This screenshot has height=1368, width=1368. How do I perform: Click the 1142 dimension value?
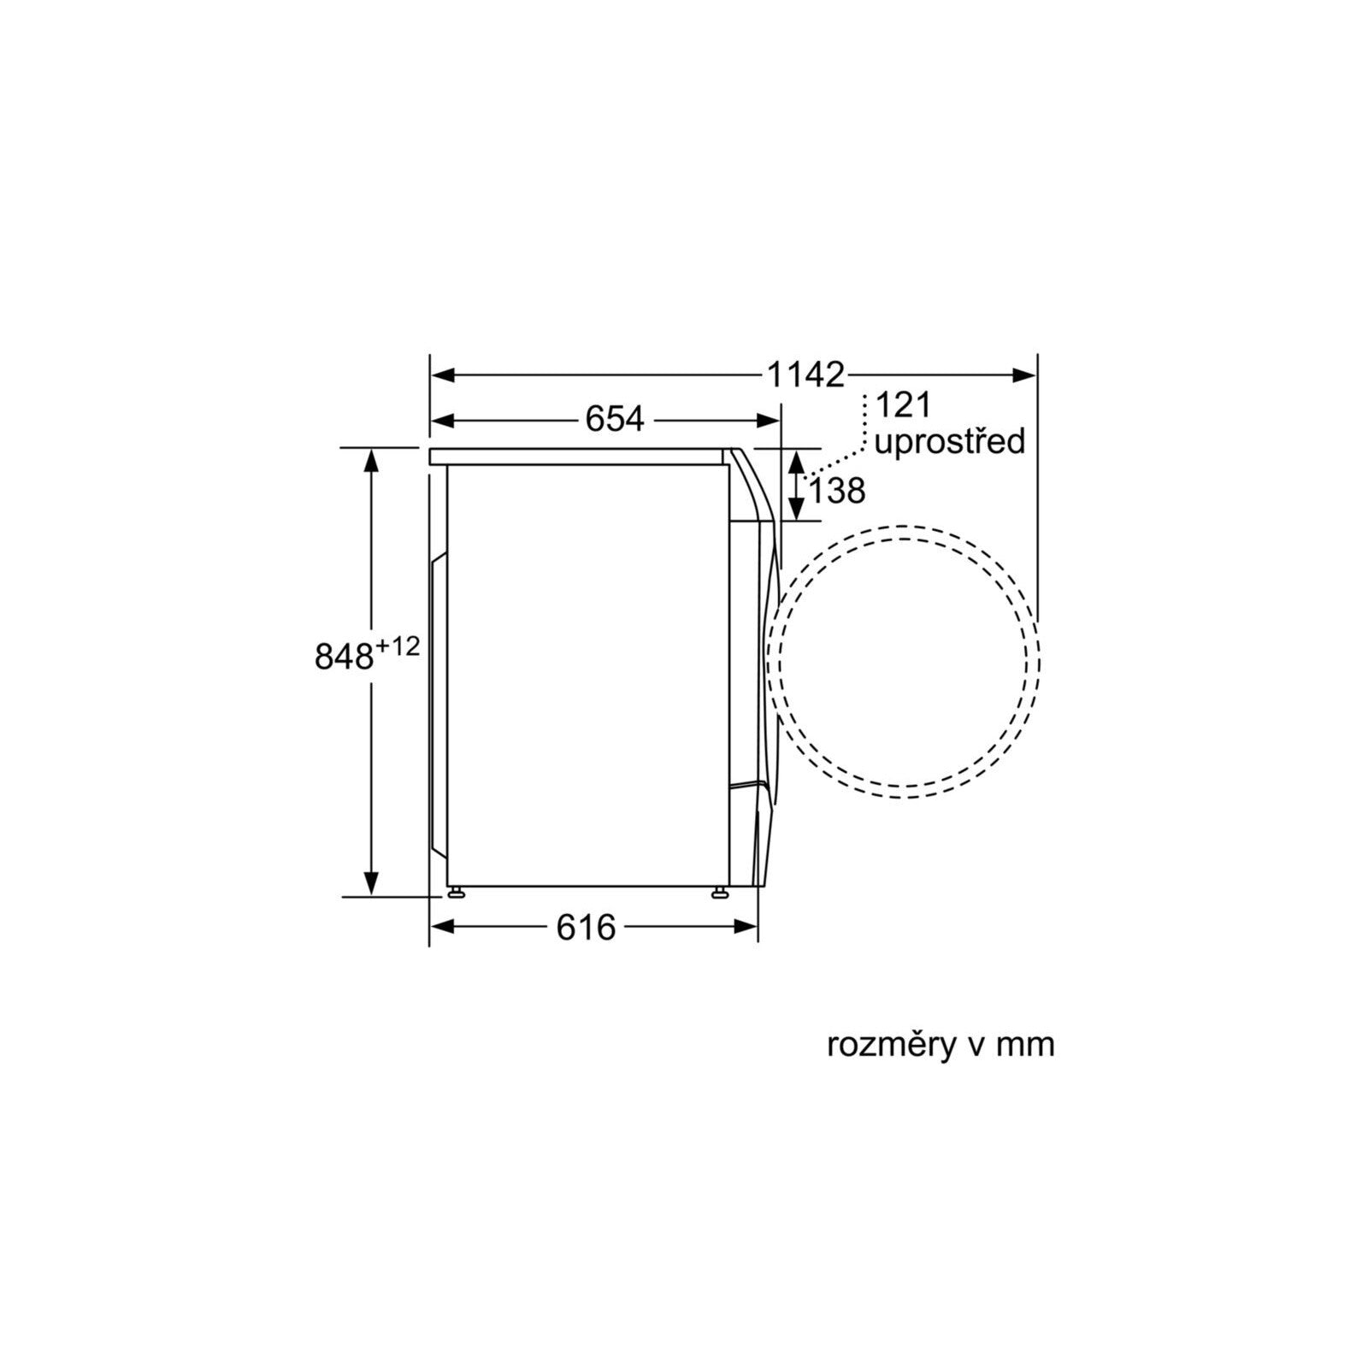pos(805,374)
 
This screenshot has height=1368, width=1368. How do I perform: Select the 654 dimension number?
pos(614,419)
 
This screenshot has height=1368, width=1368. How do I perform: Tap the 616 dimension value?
pos(586,927)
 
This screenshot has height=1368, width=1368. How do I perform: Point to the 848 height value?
pos(345,657)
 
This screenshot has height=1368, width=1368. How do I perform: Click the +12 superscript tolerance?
pos(398,646)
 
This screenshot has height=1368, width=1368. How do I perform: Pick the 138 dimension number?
pos(837,491)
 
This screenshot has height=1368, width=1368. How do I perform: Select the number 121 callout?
pos(903,405)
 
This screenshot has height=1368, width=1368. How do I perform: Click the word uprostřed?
pos(949,443)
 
